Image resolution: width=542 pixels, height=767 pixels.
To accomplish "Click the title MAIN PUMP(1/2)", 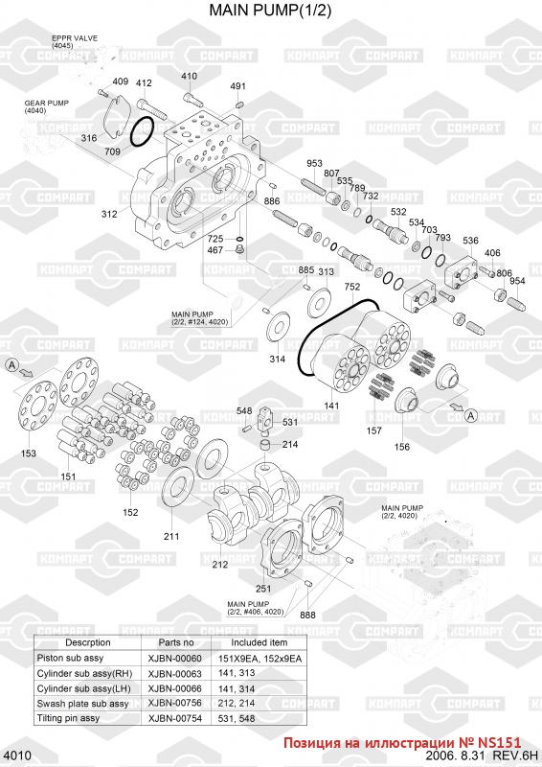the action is click(270, 10).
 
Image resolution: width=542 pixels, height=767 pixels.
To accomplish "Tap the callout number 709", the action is click(112, 151).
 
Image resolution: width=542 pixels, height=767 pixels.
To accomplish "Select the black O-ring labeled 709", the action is click(144, 131).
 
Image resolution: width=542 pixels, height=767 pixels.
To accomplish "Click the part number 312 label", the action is click(109, 214).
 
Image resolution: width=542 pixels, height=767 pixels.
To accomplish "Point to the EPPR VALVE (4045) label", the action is click(75, 41).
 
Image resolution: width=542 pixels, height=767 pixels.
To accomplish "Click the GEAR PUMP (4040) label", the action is click(47, 106).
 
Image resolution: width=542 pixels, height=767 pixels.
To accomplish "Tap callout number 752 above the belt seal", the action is click(351, 287).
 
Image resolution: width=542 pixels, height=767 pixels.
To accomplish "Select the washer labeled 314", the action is click(278, 327).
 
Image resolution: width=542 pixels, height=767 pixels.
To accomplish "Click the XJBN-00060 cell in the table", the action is click(174, 659).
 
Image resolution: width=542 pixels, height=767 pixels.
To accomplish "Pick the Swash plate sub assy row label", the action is click(82, 704).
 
